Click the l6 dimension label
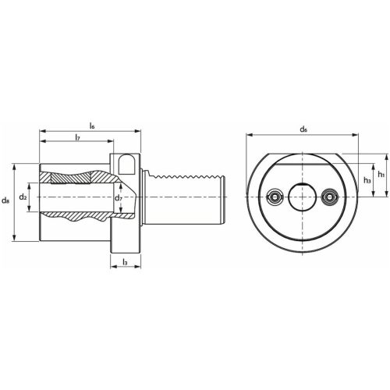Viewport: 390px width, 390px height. (x=92, y=125)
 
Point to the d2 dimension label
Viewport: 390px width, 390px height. (x=24, y=198)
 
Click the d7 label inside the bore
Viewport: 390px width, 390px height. (x=119, y=199)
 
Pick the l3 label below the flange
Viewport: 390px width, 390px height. (x=125, y=263)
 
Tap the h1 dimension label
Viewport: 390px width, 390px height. (x=381, y=174)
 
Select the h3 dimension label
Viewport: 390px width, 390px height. (x=366, y=179)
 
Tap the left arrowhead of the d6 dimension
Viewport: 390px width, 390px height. (x=248, y=134)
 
